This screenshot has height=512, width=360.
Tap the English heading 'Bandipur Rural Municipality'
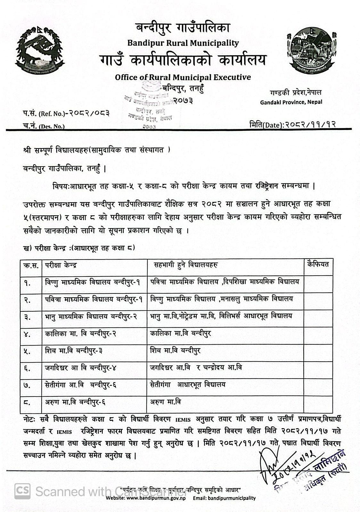pyautogui.click(x=183, y=43)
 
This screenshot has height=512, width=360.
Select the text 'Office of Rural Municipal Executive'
pyautogui.click(x=183, y=77)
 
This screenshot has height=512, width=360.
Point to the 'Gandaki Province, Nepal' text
pyautogui.click(x=291, y=102)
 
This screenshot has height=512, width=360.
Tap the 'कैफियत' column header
pyautogui.click(x=317, y=264)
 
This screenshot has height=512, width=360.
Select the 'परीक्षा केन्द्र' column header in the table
pyautogui.click(x=61, y=265)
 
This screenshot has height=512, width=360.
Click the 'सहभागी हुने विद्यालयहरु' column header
pyautogui.click(x=186, y=265)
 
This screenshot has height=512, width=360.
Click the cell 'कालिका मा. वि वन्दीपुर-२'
pyautogui.click(x=80, y=333)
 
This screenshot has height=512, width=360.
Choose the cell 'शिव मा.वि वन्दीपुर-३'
pyautogui.click(x=74, y=351)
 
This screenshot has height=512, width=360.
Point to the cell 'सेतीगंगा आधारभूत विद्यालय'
pyautogui.click(x=188, y=385)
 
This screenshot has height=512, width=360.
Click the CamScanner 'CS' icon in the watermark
pyautogui.click(x=23, y=491)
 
